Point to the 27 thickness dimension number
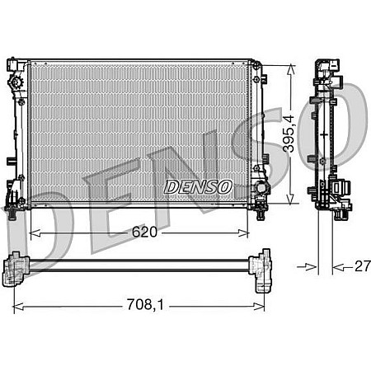pyautogui.click(x=360, y=265)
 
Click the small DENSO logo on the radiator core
pyautogui.click(x=198, y=187)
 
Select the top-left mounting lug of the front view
pyautogui.click(x=13, y=64)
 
